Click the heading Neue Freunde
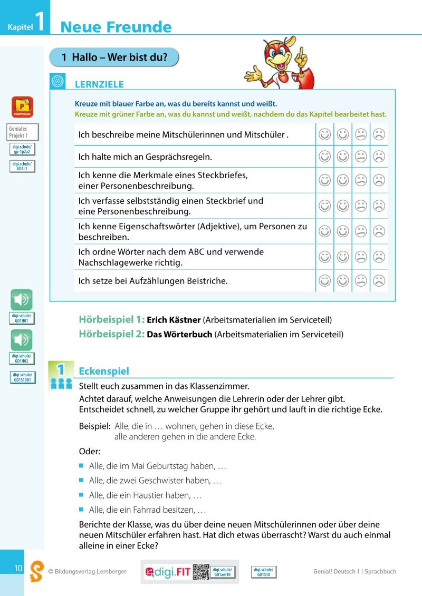coord(116,27)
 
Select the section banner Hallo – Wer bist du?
coord(114,57)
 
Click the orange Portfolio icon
coord(22,107)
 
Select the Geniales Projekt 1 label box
coord(23,132)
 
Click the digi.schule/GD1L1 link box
coord(23,167)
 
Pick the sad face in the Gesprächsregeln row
coord(379,157)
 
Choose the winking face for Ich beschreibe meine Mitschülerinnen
coord(325,135)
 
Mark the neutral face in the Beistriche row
coord(361,281)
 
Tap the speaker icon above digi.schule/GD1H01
coord(22,300)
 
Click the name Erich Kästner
coord(174,320)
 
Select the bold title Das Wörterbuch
coord(179,334)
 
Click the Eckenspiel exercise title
coord(103,371)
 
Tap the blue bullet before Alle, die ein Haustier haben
coord(82,495)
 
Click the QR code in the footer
coord(201,571)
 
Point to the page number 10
coord(18,568)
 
